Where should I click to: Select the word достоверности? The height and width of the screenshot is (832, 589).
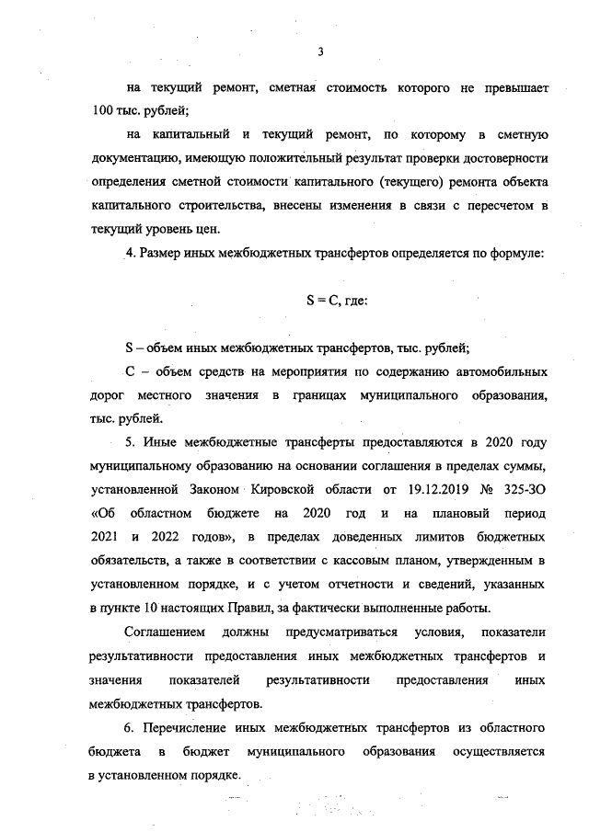(x=504, y=157)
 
